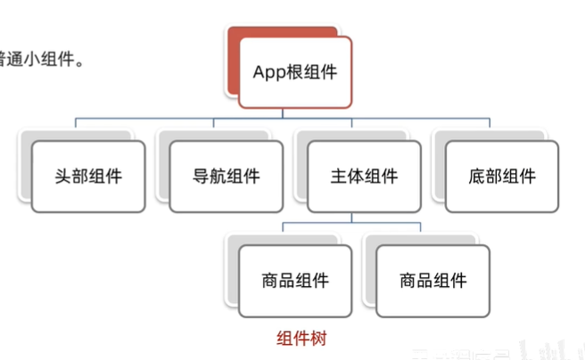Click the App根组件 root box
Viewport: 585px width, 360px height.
(295, 71)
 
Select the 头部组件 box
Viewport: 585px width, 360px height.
(88, 176)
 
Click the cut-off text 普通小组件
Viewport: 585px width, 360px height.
(45, 62)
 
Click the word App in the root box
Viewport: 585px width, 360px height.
(269, 71)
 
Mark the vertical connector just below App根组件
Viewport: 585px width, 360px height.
(284, 112)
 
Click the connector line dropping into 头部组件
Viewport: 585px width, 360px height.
(77, 124)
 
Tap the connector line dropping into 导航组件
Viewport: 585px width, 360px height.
(214, 124)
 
